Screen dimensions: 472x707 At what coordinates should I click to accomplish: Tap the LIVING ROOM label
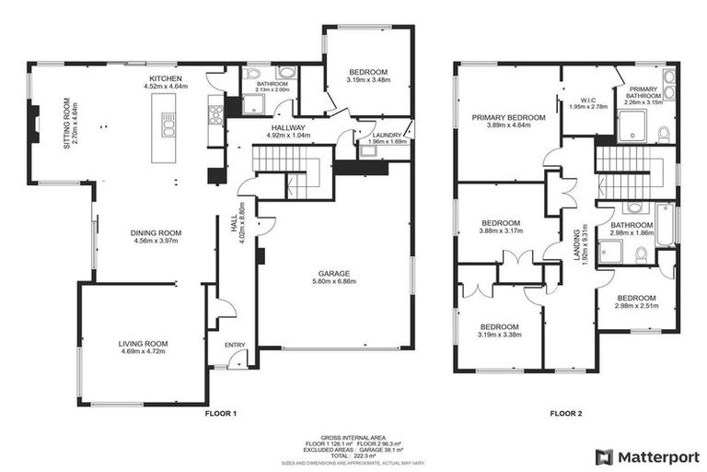143,344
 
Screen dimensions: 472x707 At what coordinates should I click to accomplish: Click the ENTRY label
236,345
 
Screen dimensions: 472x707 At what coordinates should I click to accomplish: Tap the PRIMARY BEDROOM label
509,118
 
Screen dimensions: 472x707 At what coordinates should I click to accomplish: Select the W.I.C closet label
590,100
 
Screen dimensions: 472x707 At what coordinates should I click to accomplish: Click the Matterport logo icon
604,456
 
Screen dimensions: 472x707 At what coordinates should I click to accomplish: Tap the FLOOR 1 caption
220,414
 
